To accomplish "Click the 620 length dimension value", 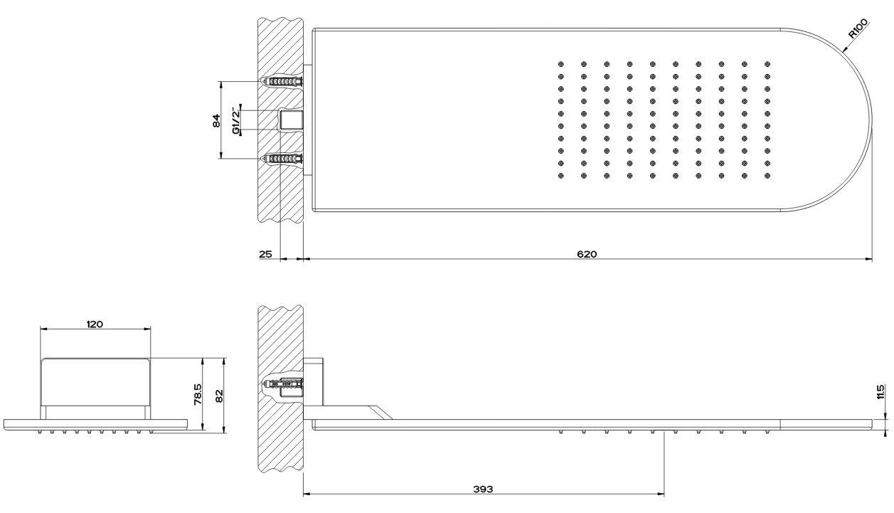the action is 587,254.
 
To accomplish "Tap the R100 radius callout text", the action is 858,28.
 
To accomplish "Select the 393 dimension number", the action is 483,489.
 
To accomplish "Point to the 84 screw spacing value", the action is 216,120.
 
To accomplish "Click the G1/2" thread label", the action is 236,120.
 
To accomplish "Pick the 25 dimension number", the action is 265,254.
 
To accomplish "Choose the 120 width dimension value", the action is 95,324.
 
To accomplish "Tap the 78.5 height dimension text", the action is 198,394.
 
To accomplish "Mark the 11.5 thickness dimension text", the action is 881,391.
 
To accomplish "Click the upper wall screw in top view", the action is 282,81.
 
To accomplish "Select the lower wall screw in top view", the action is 282,159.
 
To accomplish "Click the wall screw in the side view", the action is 282,384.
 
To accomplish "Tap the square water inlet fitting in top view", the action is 292,120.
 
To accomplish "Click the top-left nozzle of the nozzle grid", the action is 560,64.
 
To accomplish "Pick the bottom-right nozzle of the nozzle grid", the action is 767,175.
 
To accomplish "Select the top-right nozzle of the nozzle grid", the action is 767,64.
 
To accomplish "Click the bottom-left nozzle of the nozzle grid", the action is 560,175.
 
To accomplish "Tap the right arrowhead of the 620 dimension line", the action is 868,259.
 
